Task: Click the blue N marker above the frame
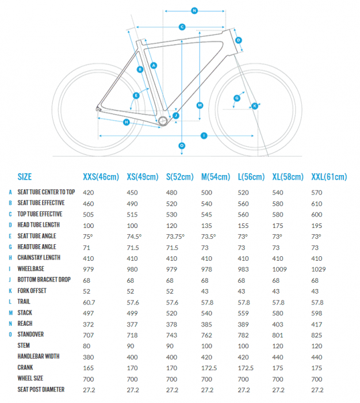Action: [194, 10]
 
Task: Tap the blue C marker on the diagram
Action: [182, 26]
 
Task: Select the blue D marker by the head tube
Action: [239, 40]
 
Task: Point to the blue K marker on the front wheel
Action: [254, 105]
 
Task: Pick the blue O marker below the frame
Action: [182, 146]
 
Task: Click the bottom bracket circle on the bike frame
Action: [163, 121]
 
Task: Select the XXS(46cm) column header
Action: [101, 177]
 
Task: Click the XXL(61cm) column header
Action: [329, 177]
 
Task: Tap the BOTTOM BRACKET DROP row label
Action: [45, 279]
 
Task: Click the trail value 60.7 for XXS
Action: [89, 302]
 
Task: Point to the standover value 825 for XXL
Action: [316, 334]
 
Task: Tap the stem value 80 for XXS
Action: [87, 345]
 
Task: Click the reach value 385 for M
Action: [206, 324]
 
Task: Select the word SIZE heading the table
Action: [25, 177]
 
